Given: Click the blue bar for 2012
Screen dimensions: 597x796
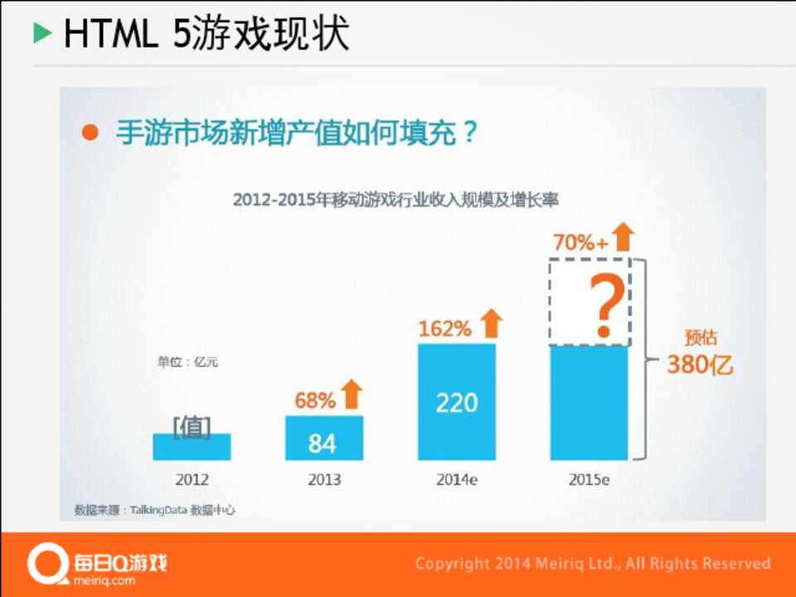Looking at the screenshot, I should tap(192, 447).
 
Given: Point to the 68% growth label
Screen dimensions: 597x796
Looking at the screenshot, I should tap(315, 400).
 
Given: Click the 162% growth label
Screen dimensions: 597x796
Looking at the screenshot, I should tap(444, 328).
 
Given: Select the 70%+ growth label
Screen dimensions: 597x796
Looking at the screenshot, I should tap(580, 242).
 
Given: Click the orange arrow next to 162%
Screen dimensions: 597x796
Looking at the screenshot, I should tap(492, 323).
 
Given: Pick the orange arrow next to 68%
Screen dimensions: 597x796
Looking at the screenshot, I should tap(352, 394).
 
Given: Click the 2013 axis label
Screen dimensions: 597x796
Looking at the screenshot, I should tap(323, 480).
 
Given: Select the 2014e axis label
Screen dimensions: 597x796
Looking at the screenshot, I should tap(456, 480).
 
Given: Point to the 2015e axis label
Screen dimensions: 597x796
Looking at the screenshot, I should tap(589, 480).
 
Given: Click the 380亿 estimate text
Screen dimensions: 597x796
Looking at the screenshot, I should tap(701, 365).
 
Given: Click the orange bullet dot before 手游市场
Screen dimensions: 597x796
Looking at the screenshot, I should tap(91, 133).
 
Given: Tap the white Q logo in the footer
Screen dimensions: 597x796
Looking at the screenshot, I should tap(43, 564).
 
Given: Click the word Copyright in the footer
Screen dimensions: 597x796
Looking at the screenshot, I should tap(452, 564).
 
